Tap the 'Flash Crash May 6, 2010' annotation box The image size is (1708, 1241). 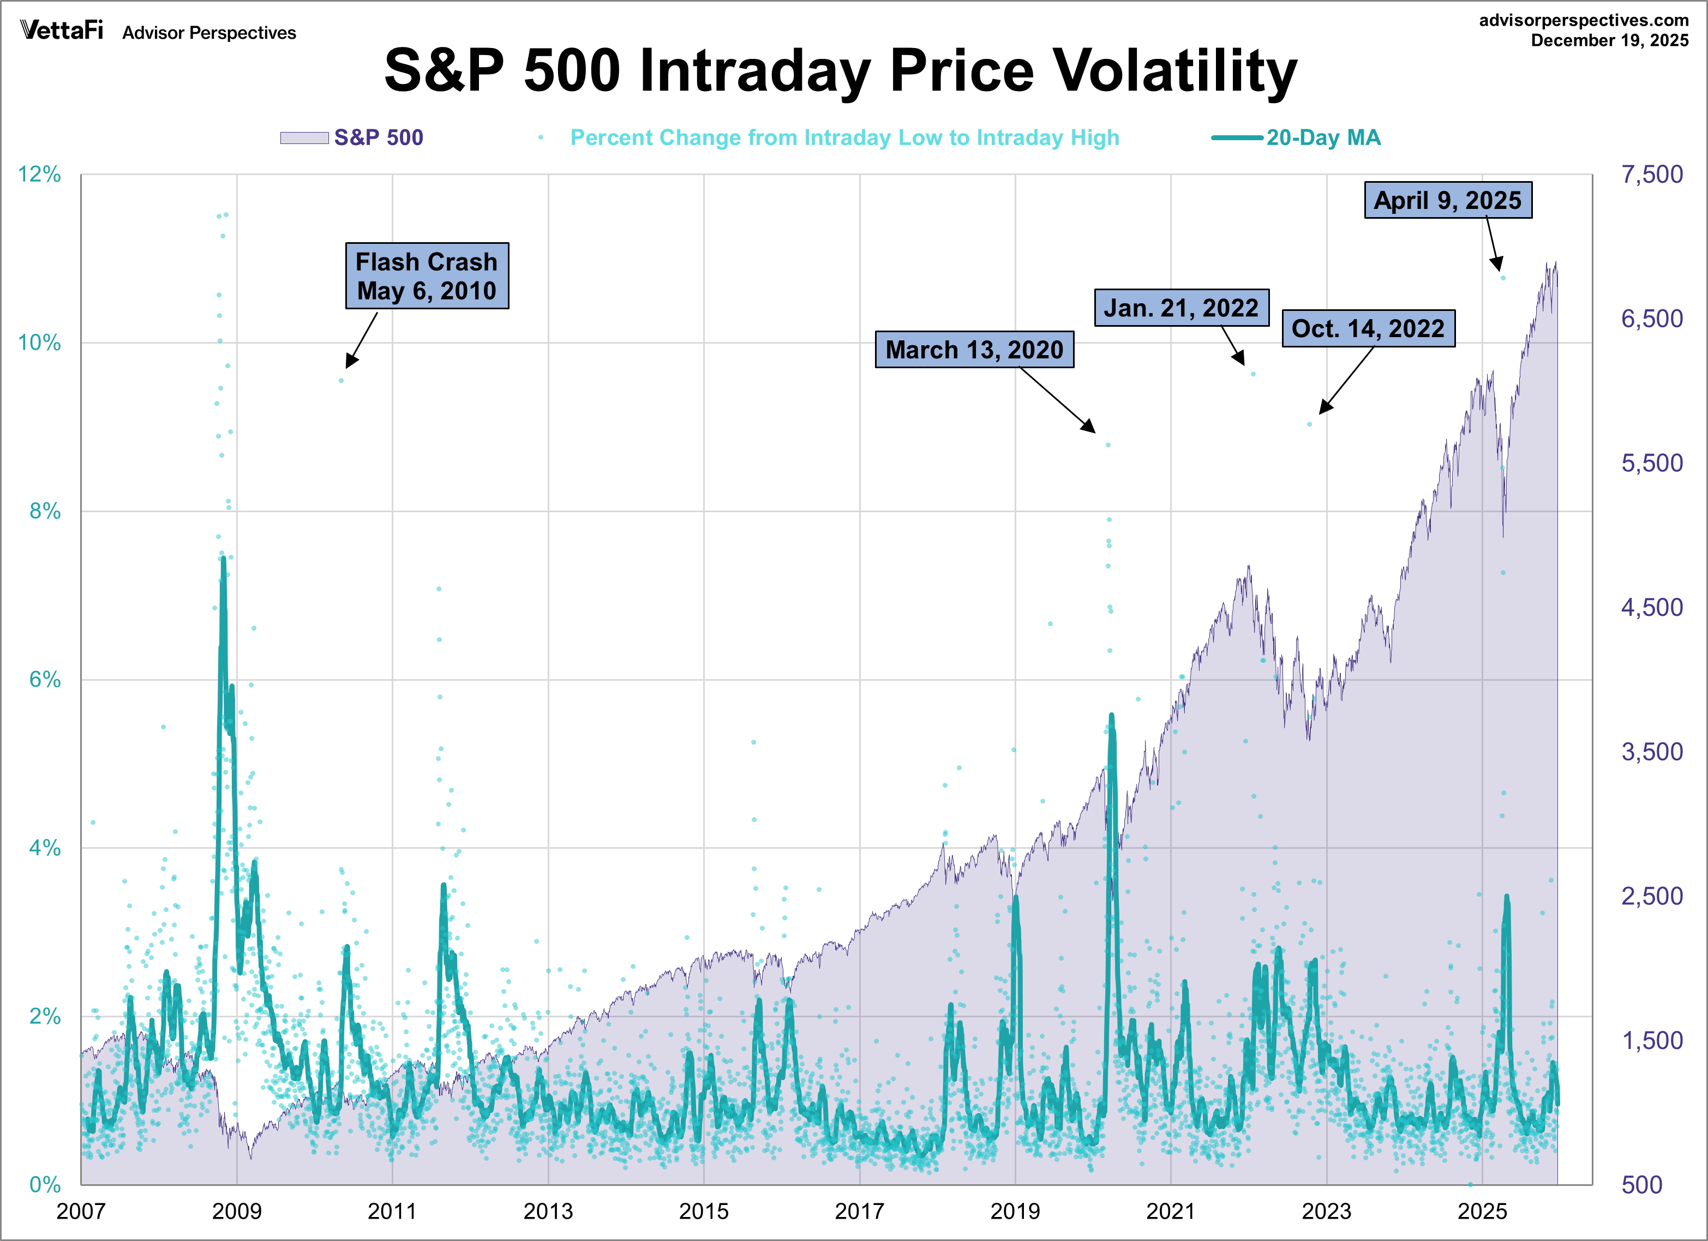[427, 275]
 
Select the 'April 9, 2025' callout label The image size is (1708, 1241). [1447, 200]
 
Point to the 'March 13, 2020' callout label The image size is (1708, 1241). [974, 350]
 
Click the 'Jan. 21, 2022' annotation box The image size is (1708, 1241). [1181, 308]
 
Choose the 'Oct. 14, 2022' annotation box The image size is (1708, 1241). [1368, 328]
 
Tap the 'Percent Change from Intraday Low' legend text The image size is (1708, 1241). [844, 138]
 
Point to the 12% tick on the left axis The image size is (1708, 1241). [39, 175]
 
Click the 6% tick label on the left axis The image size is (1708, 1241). [44, 680]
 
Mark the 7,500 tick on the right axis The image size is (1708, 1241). [1651, 175]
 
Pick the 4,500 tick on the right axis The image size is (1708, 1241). [1651, 608]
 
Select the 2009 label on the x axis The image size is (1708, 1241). [236, 1212]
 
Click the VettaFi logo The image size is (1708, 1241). [62, 31]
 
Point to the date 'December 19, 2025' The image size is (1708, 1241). [1609, 41]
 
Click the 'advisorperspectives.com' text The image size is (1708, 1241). [1583, 20]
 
